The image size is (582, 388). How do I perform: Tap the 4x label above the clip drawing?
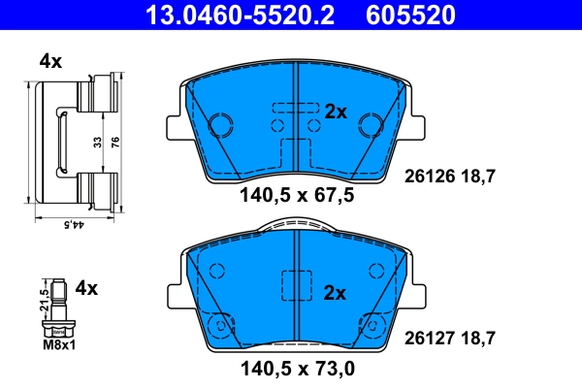[x=50, y=61]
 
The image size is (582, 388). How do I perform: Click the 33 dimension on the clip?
[x=96, y=141]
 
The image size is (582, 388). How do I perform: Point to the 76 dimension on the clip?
[x=115, y=141]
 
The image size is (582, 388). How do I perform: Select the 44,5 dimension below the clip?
[x=70, y=225]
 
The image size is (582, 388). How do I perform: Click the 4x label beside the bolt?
[x=87, y=288]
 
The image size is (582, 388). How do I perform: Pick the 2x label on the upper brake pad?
[x=336, y=113]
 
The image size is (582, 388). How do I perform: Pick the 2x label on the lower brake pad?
[x=336, y=292]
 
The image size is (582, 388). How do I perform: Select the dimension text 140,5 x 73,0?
[x=296, y=370]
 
